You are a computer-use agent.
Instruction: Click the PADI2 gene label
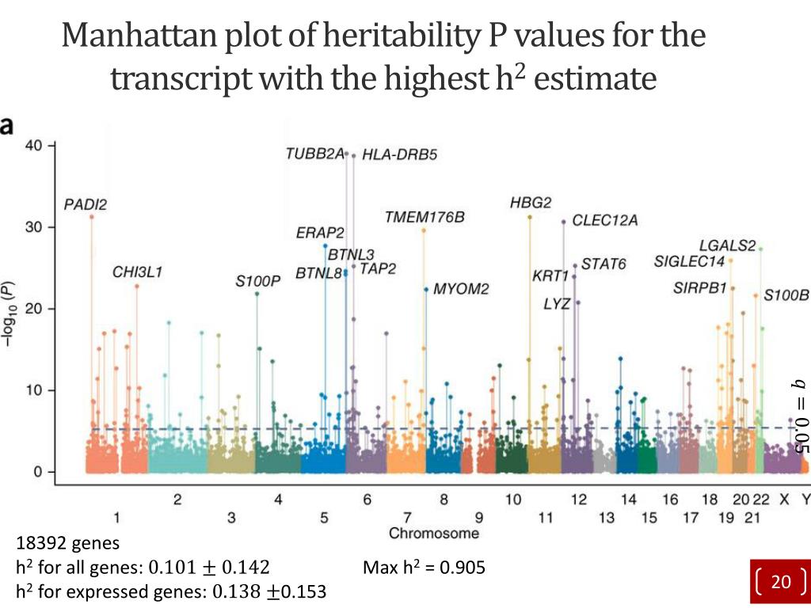pyautogui.click(x=86, y=204)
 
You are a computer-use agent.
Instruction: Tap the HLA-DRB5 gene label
pyautogui.click(x=399, y=155)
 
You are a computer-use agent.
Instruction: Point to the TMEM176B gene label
pyautogui.click(x=425, y=217)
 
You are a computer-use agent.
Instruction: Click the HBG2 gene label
pyautogui.click(x=531, y=203)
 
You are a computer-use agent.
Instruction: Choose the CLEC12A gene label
pyautogui.click(x=605, y=221)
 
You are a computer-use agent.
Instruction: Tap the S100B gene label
pyautogui.click(x=786, y=295)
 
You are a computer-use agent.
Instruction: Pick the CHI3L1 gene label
pyautogui.click(x=137, y=272)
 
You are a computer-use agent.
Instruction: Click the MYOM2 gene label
pyautogui.click(x=461, y=289)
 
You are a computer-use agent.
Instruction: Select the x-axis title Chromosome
pyautogui.click(x=434, y=533)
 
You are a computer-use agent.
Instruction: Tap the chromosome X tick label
pyautogui.click(x=784, y=500)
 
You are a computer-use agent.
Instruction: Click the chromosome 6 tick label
pyautogui.click(x=367, y=500)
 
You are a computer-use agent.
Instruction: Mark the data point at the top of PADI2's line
pyautogui.click(x=92, y=216)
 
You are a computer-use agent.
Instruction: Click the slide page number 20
pyautogui.click(x=781, y=582)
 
